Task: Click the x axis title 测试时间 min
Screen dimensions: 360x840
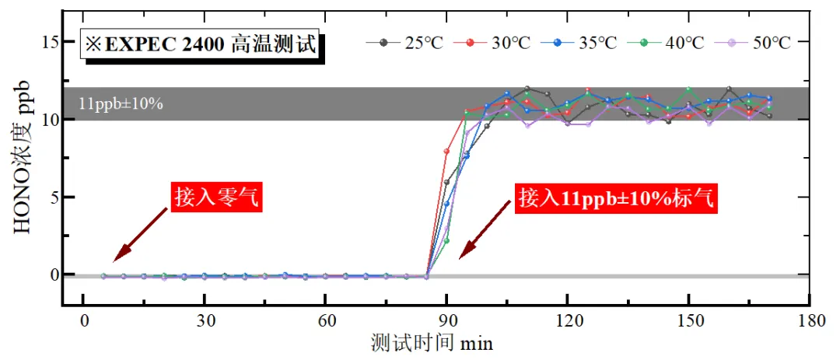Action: click(432, 342)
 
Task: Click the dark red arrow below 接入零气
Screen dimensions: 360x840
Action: click(141, 235)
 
